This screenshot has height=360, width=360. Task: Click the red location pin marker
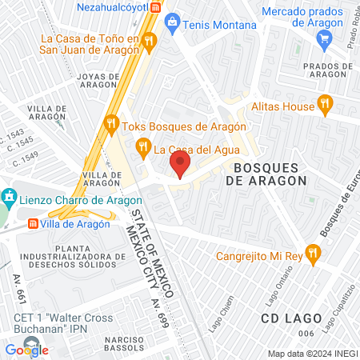[x=180, y=166]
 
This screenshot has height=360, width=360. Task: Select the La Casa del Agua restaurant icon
[x=143, y=146]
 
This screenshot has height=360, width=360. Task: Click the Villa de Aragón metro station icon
[x=34, y=224]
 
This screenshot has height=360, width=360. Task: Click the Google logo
[x=26, y=349]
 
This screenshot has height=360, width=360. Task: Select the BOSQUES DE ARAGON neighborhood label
[x=270, y=174]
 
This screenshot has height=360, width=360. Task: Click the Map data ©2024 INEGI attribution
[x=311, y=353]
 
